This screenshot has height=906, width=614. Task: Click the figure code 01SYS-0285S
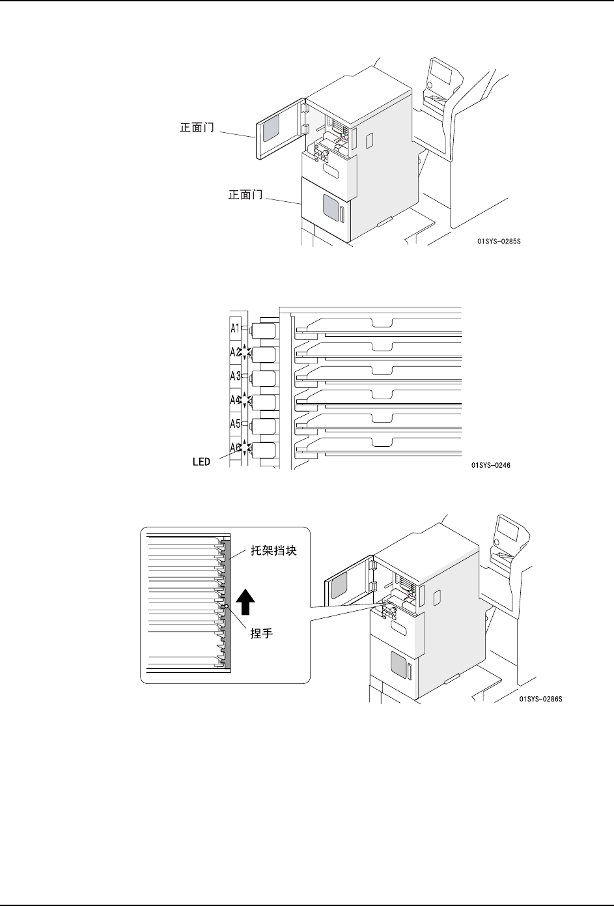pyautogui.click(x=499, y=241)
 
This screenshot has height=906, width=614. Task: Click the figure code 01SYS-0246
pyautogui.click(x=491, y=466)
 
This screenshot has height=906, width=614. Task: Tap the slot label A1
pyautogui.click(x=235, y=328)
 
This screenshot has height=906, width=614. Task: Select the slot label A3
pyautogui.click(x=235, y=376)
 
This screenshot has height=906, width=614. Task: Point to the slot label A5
pyautogui.click(x=235, y=424)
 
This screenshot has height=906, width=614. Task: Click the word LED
pyautogui.click(x=201, y=461)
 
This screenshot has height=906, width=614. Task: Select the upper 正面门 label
pyautogui.click(x=197, y=128)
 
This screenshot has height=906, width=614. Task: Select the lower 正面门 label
pyautogui.click(x=245, y=194)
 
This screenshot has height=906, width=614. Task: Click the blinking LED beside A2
pyautogui.click(x=245, y=352)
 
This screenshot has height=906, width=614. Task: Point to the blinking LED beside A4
pyautogui.click(x=245, y=400)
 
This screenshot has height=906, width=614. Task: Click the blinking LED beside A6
pyautogui.click(x=245, y=447)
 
